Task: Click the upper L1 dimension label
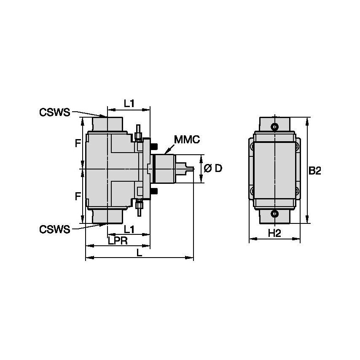pyautogui.click(x=129, y=102)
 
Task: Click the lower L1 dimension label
pyautogui.click(x=129, y=229)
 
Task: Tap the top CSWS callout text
pyautogui.click(x=54, y=112)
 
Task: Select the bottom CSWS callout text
pyautogui.click(x=54, y=229)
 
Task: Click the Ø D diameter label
pyautogui.click(x=213, y=169)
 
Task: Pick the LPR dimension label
pyautogui.click(x=118, y=240)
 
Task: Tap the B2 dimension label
pyautogui.click(x=315, y=171)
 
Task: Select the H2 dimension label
pyautogui.click(x=274, y=233)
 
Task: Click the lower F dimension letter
pyautogui.click(x=78, y=196)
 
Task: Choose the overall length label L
pyautogui.click(x=140, y=253)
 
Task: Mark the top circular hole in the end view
pyautogui.click(x=275, y=126)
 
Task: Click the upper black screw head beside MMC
pyautogui.click(x=154, y=146)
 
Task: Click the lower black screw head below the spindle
pyautogui.click(x=154, y=192)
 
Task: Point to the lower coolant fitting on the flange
pyautogui.click(x=139, y=206)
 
